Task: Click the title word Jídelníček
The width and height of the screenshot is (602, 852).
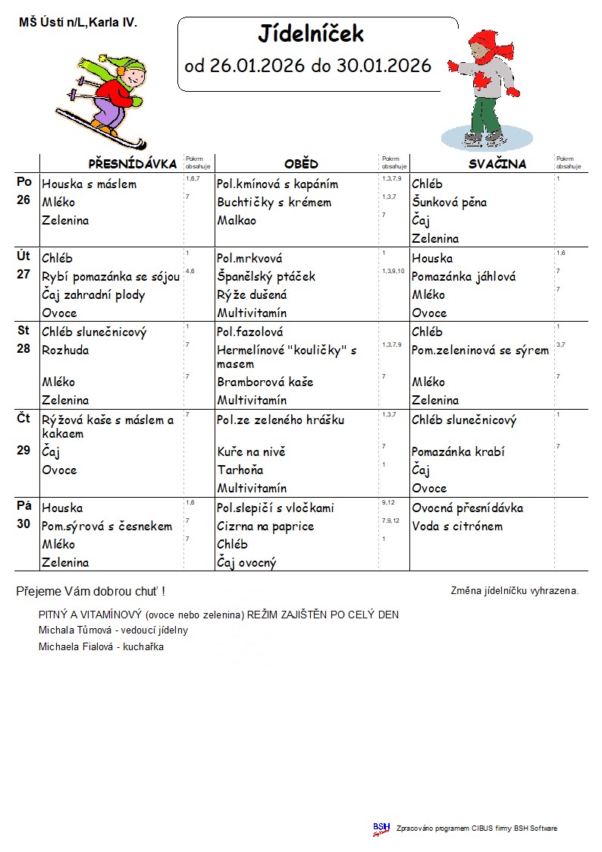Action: coord(311,33)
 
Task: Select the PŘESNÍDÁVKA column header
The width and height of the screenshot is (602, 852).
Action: coord(133,164)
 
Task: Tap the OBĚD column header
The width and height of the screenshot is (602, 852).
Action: coord(301,164)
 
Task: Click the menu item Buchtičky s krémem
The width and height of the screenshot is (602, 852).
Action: coord(274,203)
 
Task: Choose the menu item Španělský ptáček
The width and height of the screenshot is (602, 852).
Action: coord(265,277)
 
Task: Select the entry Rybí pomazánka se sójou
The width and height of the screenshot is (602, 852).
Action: coord(111,277)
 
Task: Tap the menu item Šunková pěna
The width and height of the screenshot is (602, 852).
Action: coord(449,203)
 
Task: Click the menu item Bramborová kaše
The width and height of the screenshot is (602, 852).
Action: coord(265,382)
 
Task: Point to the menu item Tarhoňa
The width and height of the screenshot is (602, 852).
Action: coord(242,470)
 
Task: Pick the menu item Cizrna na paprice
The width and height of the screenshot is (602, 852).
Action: coord(265,526)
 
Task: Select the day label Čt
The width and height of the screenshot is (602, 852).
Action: coord(24,418)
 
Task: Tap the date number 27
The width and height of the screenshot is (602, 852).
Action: coord(24,275)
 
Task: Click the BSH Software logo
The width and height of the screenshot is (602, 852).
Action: coord(381,828)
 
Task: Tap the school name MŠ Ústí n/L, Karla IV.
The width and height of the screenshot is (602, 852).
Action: coord(78,23)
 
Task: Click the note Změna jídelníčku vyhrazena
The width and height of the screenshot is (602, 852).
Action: coord(514,590)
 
